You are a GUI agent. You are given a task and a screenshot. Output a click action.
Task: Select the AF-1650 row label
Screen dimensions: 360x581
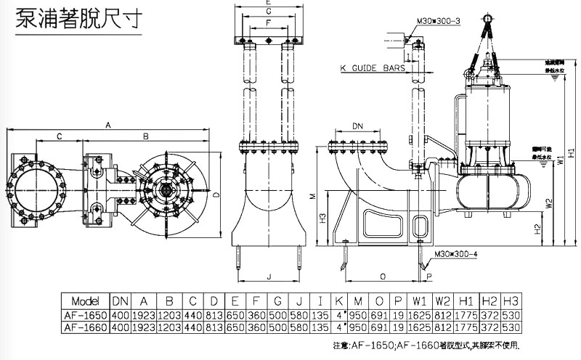point(84,315)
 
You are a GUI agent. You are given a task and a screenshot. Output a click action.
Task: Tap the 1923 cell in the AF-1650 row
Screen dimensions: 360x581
point(145,315)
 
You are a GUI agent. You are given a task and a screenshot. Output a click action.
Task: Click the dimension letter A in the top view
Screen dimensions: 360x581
point(108,125)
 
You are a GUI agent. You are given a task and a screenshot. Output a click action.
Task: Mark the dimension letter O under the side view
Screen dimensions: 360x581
point(382,276)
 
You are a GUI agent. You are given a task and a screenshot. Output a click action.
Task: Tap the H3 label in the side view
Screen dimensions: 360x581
point(322,218)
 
